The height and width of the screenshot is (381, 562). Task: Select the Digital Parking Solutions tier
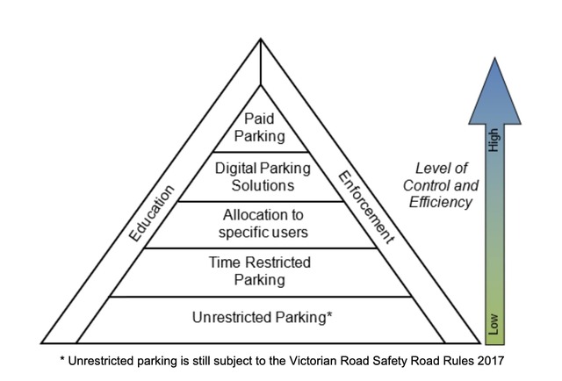260,176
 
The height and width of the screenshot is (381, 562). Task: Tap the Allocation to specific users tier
260,224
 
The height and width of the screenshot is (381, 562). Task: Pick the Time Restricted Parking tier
260,271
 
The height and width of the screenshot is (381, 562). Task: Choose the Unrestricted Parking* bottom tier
261,318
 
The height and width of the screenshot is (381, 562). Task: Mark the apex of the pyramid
261,40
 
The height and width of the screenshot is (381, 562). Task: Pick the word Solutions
260,185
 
